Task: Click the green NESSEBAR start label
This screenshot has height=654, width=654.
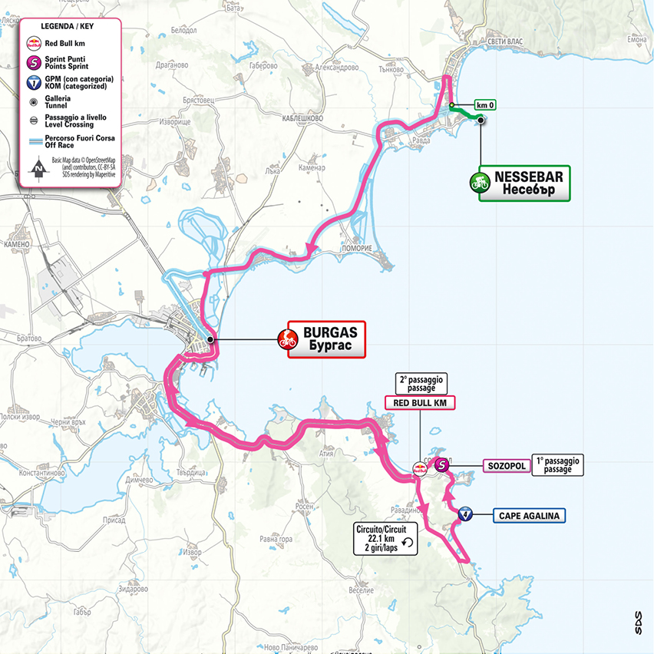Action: click(x=524, y=183)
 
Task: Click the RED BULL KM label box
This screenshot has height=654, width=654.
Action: click(x=419, y=402)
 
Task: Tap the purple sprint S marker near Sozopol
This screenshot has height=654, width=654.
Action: click(x=441, y=464)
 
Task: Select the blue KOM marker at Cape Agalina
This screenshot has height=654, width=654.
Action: click(x=464, y=514)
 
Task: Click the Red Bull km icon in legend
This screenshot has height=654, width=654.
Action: click(x=34, y=43)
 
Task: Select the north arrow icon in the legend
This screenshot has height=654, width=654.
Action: click(x=34, y=166)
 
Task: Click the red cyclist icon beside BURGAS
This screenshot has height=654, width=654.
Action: click(x=289, y=339)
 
